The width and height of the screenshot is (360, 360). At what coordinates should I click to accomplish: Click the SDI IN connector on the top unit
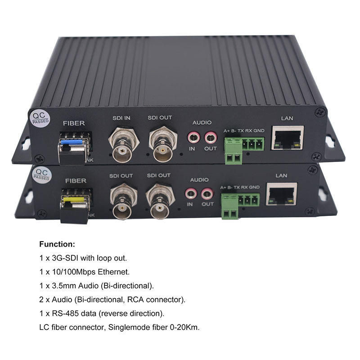[x=124, y=144]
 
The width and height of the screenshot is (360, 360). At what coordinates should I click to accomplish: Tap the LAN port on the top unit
[x=288, y=138]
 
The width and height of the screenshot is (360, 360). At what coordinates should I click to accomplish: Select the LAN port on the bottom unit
[x=282, y=194]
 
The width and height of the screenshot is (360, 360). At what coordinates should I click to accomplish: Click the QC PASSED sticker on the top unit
[x=40, y=118]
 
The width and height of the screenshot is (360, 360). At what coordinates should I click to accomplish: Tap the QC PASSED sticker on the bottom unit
[x=41, y=175]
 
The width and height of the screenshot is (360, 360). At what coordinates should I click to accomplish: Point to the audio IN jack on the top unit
[x=193, y=138]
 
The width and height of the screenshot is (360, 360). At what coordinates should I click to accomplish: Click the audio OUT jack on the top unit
[x=211, y=138]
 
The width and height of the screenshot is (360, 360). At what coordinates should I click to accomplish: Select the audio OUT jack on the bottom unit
[x=207, y=194]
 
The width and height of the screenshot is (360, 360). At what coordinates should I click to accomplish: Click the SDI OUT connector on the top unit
[x=163, y=144]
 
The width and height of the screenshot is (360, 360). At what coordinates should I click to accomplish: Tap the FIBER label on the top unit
[x=74, y=123]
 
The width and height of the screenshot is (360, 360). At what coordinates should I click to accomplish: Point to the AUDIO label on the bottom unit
[x=199, y=180]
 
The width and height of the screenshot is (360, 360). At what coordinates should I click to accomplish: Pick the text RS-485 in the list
[x=65, y=313]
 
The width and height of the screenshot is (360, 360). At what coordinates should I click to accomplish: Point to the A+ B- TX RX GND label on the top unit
[x=244, y=130]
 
